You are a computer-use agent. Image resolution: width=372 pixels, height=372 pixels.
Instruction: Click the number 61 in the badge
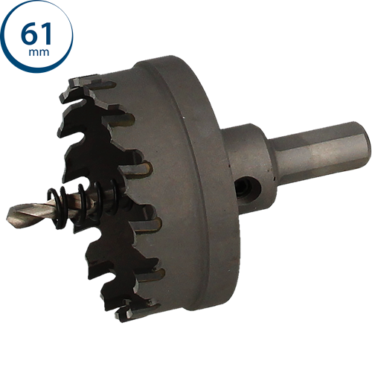[36, 33]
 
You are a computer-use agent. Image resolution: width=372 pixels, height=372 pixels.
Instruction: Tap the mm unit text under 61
[39, 52]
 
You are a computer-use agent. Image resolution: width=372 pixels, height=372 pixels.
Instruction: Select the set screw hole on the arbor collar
[248, 187]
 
